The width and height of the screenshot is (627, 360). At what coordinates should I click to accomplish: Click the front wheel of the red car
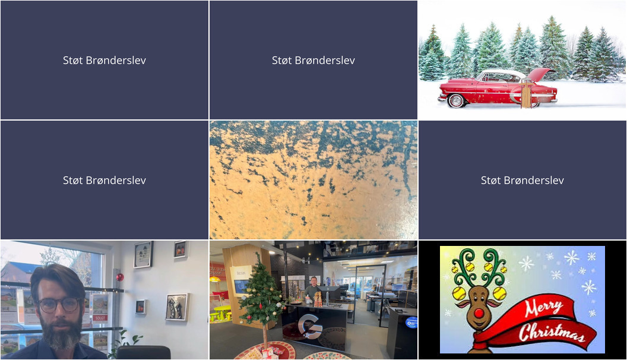click(x=457, y=100)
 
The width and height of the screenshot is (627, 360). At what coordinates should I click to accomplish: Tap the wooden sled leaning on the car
click(x=527, y=94)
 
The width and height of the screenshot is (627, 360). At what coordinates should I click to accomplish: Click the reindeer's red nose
click(x=479, y=312)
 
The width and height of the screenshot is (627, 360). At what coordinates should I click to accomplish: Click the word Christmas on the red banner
click(x=552, y=333)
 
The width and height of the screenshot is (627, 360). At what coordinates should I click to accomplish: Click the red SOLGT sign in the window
click(x=100, y=318)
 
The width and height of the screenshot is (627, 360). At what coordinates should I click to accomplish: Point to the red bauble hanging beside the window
click(x=119, y=277)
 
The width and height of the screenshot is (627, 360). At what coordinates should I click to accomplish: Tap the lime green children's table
click(x=222, y=311)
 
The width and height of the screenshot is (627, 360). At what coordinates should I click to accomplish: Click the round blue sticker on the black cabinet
click(x=411, y=323)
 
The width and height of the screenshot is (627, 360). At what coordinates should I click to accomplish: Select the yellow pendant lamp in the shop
click(x=215, y=279)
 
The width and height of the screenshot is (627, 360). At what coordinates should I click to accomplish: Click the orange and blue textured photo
click(x=313, y=180)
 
